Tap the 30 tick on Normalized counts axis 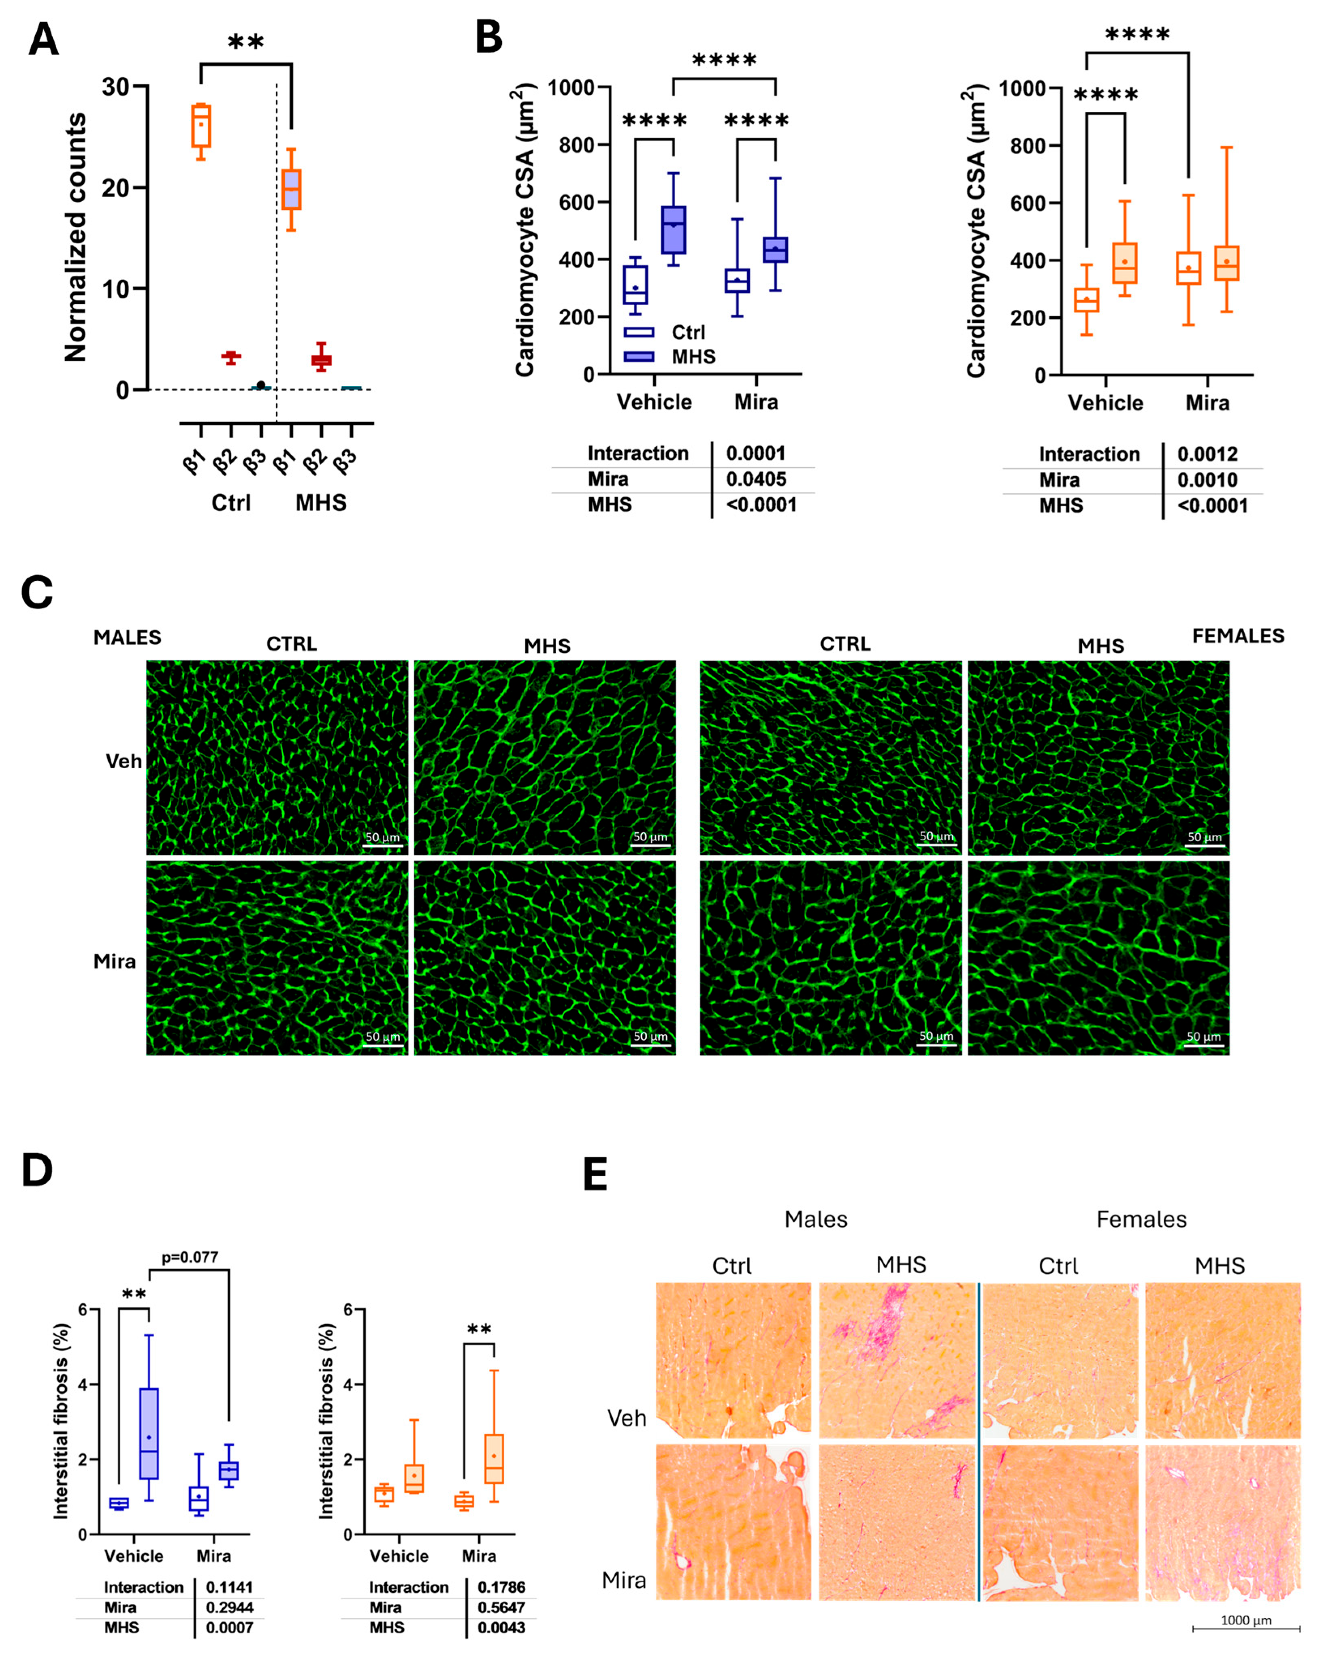(x=116, y=87)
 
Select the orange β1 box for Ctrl (x=200, y=125)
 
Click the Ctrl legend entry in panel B (x=687, y=332)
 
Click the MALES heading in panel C (x=128, y=637)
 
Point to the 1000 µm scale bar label (x=1246, y=1620)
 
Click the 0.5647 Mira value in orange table (x=501, y=1608)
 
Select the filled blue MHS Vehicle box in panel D (x=149, y=1432)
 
